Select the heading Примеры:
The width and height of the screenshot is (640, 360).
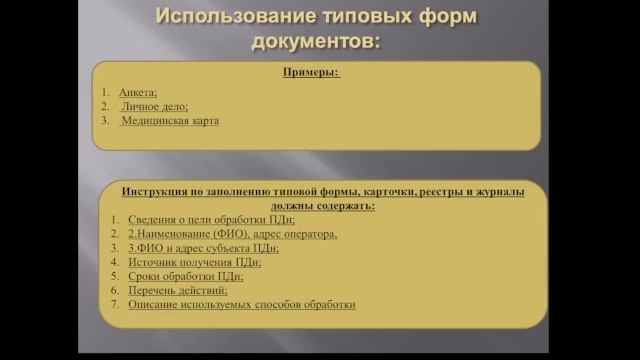[310, 73]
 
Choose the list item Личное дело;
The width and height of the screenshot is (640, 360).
[154, 105]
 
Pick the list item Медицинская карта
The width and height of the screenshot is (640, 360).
[169, 120]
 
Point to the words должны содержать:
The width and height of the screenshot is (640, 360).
[321, 205]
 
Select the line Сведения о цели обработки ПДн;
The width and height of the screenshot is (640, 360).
[197, 219]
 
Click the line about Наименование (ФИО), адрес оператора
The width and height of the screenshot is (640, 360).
[232, 233]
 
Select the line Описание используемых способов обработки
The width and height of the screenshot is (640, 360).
[241, 304]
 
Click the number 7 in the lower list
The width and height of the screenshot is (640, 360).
[115, 304]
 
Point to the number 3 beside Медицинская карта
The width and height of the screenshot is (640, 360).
[105, 120]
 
